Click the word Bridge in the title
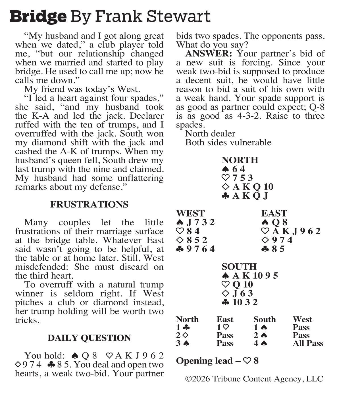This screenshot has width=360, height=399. pyautogui.click(x=38, y=16)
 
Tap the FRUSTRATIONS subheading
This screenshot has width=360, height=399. pyautogui.click(x=89, y=205)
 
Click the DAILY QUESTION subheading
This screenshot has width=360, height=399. pyautogui.click(x=89, y=338)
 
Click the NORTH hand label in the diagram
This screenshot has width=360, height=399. pyautogui.click(x=240, y=160)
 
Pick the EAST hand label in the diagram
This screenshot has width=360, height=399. pyautogui.click(x=274, y=213)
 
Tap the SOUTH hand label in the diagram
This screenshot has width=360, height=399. pyautogui.click(x=239, y=267)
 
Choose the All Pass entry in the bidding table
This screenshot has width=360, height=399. pyautogui.click(x=308, y=343)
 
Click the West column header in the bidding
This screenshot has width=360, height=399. pyautogui.click(x=302, y=320)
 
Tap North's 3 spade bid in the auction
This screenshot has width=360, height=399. pyautogui.click(x=183, y=343)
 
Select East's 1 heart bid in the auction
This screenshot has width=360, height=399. pyautogui.click(x=223, y=327)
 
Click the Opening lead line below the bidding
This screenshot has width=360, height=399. pyautogui.click(x=217, y=361)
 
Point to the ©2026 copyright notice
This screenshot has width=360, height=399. pyautogui.click(x=254, y=379)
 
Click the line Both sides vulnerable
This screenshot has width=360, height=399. pyautogui.click(x=228, y=142)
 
